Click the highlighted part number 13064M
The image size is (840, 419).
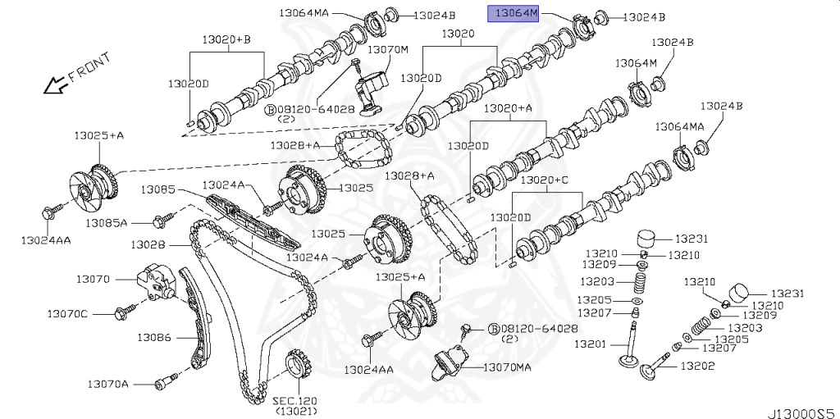pyautogui.click(x=514, y=13)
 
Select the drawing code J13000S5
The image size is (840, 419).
pyautogui.click(x=801, y=407)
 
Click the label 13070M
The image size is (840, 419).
pyautogui.click(x=387, y=50)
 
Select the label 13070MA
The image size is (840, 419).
pyautogui.click(x=507, y=367)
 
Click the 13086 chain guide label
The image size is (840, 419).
pyautogui.click(x=153, y=336)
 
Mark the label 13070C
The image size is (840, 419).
pyautogui.click(x=66, y=313)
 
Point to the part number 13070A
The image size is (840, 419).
pyautogui.click(x=107, y=383)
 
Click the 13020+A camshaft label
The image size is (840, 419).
pyautogui.click(x=508, y=108)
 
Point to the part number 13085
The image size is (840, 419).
pyautogui.click(x=157, y=189)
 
